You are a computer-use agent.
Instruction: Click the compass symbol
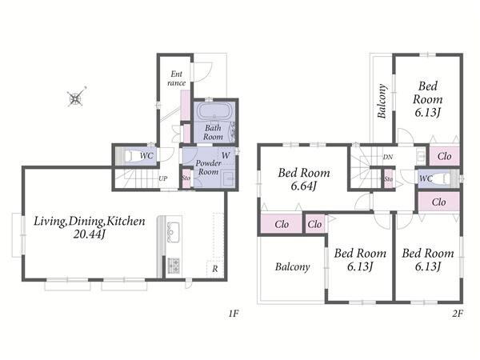pyautogui.click(x=76, y=98)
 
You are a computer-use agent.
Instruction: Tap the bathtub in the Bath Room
pyautogui.click(x=214, y=111)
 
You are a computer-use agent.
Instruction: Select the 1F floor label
pyautogui.click(x=234, y=313)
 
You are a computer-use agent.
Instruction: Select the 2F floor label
pyautogui.click(x=458, y=313)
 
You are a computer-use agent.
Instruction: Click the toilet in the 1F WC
pyautogui.click(x=130, y=156)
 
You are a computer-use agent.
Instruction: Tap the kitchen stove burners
pyautogui.click(x=174, y=266)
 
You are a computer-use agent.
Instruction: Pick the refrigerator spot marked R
pyautogui.click(x=215, y=269)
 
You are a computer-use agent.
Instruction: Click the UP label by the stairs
pyautogui.click(x=163, y=178)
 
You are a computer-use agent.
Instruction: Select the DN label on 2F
pyautogui.click(x=387, y=158)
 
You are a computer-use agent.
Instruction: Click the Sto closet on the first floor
pyautogui.click(x=186, y=178)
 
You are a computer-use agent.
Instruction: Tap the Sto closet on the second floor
pyautogui.click(x=389, y=178)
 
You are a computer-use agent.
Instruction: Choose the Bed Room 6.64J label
pyautogui.click(x=304, y=179)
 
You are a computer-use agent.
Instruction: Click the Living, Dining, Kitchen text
pyautogui.click(x=89, y=221)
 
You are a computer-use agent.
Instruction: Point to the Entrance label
pyautogui.click(x=177, y=78)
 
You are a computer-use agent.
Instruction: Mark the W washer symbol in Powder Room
pyautogui.click(x=226, y=155)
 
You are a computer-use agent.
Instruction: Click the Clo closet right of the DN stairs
pyautogui.click(x=444, y=157)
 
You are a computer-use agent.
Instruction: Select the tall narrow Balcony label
pyautogui.click(x=382, y=101)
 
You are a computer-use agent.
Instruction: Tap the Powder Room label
pyautogui.click(x=208, y=167)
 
